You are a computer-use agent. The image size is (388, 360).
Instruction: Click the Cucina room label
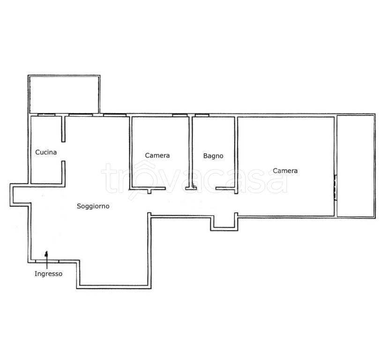point(46,152)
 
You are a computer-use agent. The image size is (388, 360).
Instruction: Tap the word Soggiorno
point(93,206)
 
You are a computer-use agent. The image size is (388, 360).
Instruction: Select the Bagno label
point(213,156)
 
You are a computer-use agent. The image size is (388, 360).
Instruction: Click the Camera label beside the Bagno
point(157,156)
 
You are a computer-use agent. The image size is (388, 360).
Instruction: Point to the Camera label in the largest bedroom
point(285,171)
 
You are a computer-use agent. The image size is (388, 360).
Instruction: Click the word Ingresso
point(48,274)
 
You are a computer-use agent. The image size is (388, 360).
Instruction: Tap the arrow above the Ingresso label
point(46,260)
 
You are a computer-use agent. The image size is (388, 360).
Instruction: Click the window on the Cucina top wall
point(46,115)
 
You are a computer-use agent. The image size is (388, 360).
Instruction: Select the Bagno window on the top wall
point(202,115)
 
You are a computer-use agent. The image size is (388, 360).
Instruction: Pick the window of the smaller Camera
point(179,115)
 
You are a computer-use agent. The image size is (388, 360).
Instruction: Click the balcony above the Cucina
point(64,94)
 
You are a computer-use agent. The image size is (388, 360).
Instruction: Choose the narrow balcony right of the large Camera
point(356,166)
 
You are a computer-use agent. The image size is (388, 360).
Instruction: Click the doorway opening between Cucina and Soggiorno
point(63,151)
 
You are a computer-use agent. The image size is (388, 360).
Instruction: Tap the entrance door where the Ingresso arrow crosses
point(47,261)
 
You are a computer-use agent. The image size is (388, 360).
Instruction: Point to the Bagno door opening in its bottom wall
point(206,188)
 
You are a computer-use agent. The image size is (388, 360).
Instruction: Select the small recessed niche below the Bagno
point(224,223)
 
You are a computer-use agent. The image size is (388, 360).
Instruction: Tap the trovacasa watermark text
point(194,178)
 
